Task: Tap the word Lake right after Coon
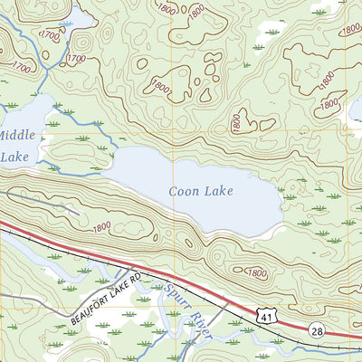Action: point(219,191)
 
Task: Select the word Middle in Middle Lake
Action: point(13,135)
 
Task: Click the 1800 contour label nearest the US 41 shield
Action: point(256,271)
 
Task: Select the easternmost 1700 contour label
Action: point(77,60)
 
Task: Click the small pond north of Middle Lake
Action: point(72,18)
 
